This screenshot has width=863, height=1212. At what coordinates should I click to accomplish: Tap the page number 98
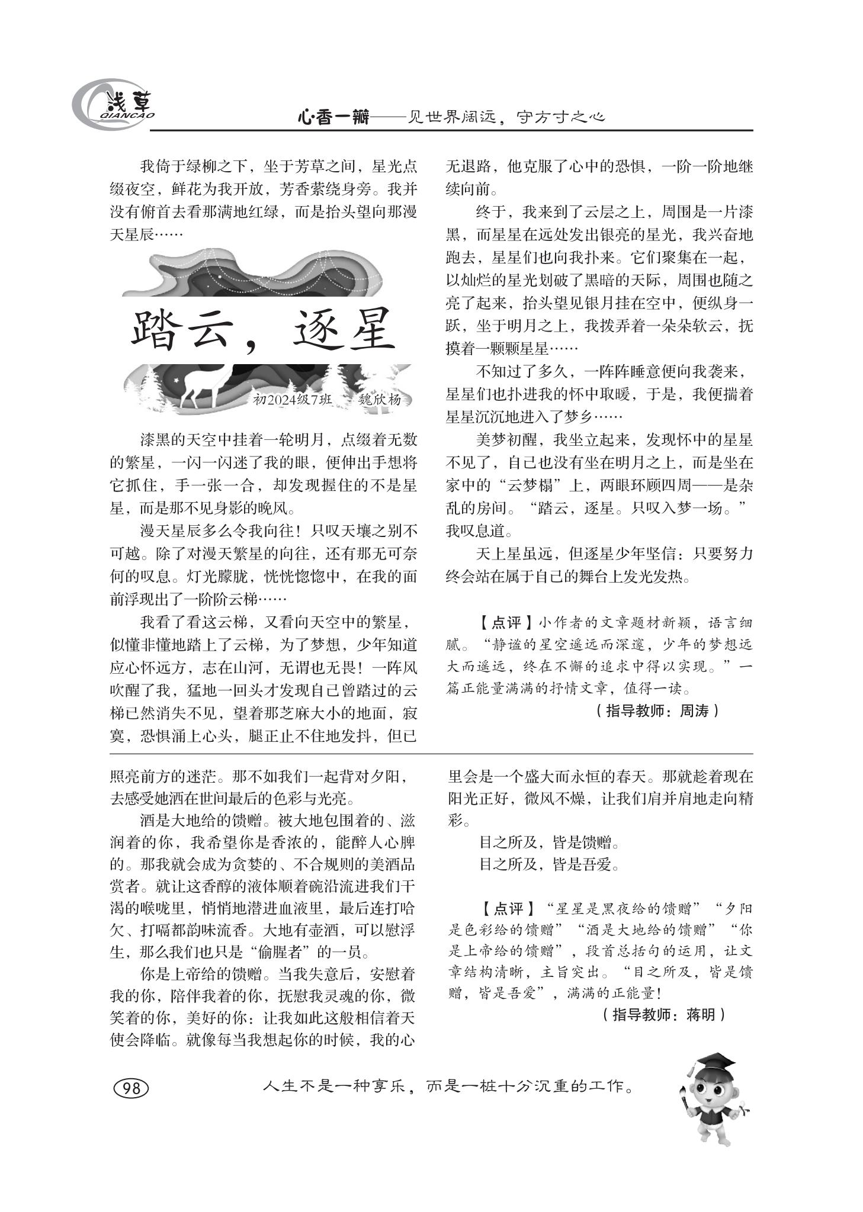pyautogui.click(x=130, y=1088)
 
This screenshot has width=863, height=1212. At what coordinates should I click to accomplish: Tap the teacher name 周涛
pyautogui.click(x=693, y=711)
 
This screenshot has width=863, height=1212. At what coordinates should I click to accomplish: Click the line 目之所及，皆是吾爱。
pyautogui.click(x=549, y=864)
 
